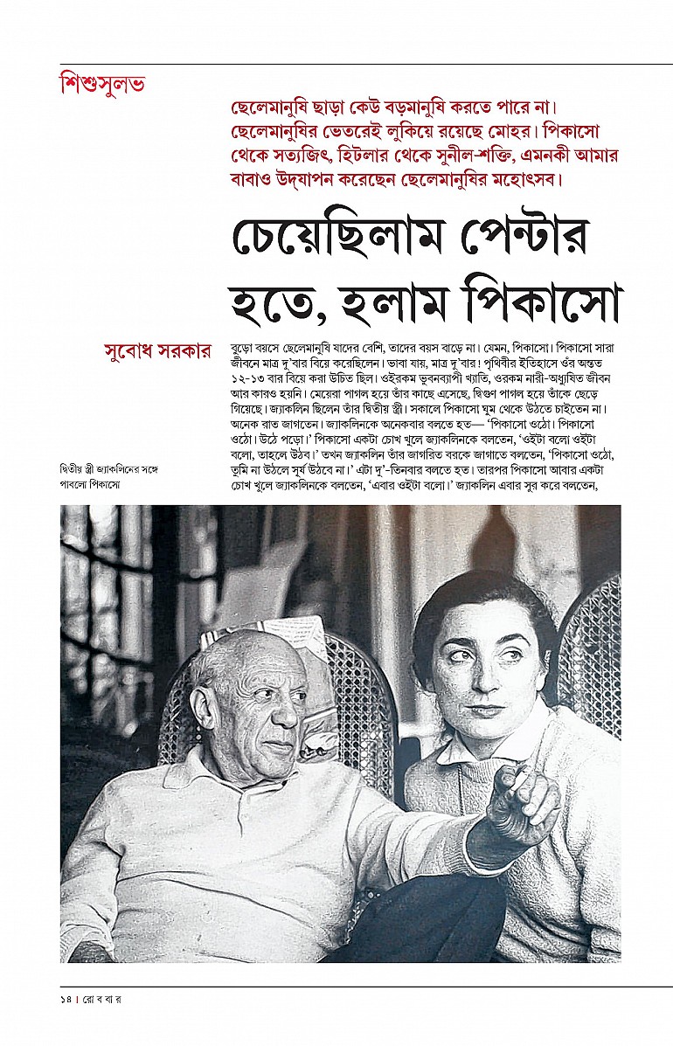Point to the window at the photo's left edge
click(x=87, y=594)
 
